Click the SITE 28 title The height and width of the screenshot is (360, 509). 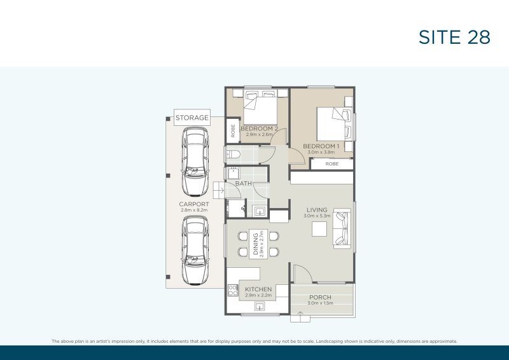click(x=454, y=37)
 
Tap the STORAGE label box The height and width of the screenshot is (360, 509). click(x=192, y=118)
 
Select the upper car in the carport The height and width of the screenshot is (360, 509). click(x=195, y=162)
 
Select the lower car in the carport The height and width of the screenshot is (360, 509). click(x=195, y=250)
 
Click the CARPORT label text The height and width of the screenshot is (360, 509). click(x=194, y=204)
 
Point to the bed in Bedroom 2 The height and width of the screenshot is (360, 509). click(x=260, y=108)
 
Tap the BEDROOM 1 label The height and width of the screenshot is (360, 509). click(x=321, y=146)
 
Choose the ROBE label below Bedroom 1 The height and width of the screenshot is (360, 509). click(x=331, y=163)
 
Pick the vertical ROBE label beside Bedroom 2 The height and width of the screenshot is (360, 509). click(x=233, y=132)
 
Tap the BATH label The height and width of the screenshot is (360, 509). click(x=243, y=184)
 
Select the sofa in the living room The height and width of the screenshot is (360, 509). click(x=342, y=228)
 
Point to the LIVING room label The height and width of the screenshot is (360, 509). click(x=316, y=210)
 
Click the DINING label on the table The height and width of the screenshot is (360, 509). click(x=256, y=244)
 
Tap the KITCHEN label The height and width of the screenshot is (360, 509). click(x=258, y=289)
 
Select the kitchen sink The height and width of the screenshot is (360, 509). click(x=260, y=307)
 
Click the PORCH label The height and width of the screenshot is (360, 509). click(x=320, y=297)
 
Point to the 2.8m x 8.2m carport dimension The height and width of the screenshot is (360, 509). click(x=194, y=211)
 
